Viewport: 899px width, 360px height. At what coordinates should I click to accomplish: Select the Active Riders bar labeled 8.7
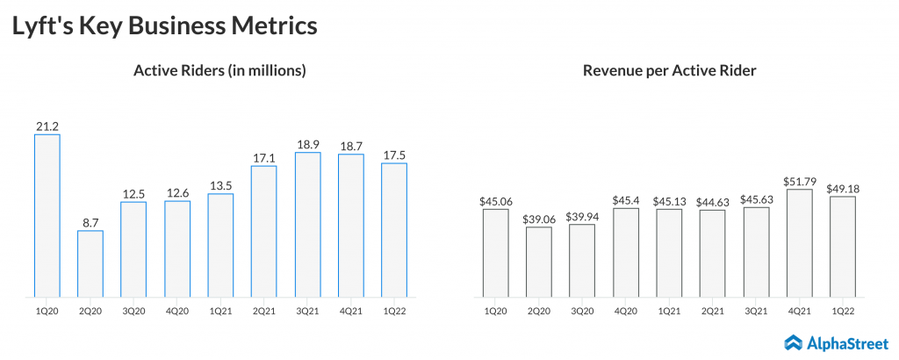point(90,263)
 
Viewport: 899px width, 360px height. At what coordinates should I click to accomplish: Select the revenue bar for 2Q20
point(539,262)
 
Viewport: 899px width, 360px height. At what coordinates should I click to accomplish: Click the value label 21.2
point(47,126)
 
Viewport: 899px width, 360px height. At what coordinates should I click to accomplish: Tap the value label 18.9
point(307,144)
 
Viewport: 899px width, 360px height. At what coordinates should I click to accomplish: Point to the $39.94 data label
point(582,216)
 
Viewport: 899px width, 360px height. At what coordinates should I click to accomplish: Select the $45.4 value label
point(626,200)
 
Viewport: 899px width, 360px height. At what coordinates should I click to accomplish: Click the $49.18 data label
point(842,188)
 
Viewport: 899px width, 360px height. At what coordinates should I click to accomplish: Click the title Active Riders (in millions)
point(219,71)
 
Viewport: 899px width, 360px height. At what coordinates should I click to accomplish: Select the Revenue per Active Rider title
point(669,71)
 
